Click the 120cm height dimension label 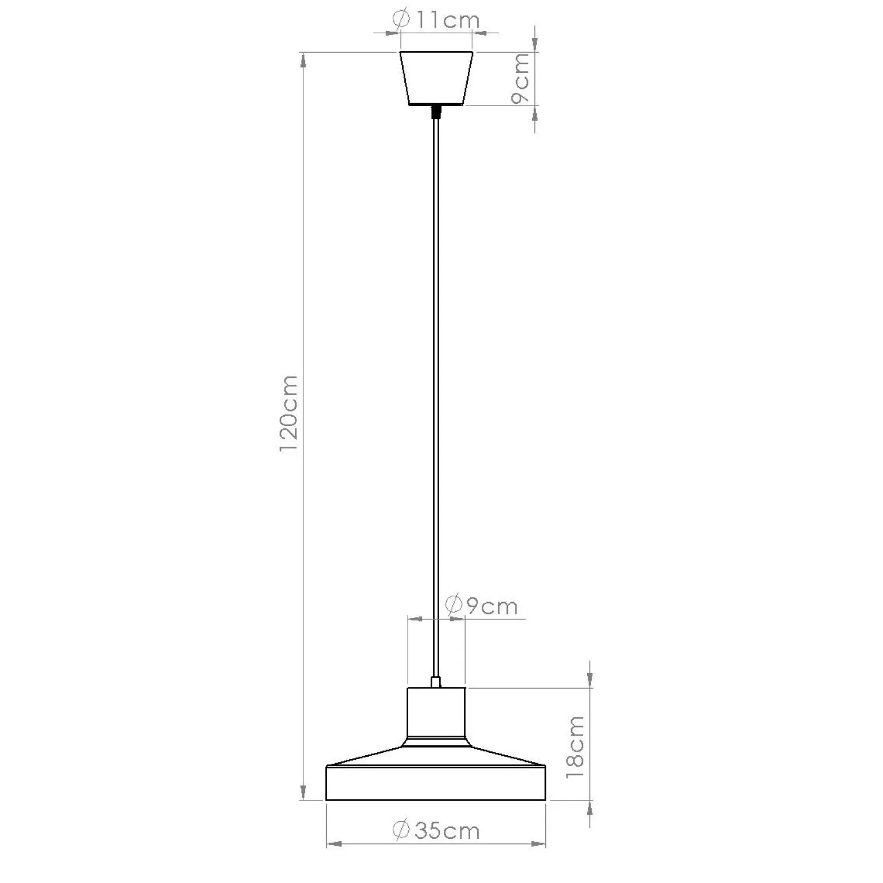click(288, 413)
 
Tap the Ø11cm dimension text click(436, 20)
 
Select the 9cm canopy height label click(521, 78)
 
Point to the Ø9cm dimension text click(481, 605)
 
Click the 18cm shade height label click(575, 747)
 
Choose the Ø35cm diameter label click(436, 830)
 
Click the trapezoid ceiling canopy click(436, 79)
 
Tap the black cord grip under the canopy click(436, 111)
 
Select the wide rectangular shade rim click(436, 783)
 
